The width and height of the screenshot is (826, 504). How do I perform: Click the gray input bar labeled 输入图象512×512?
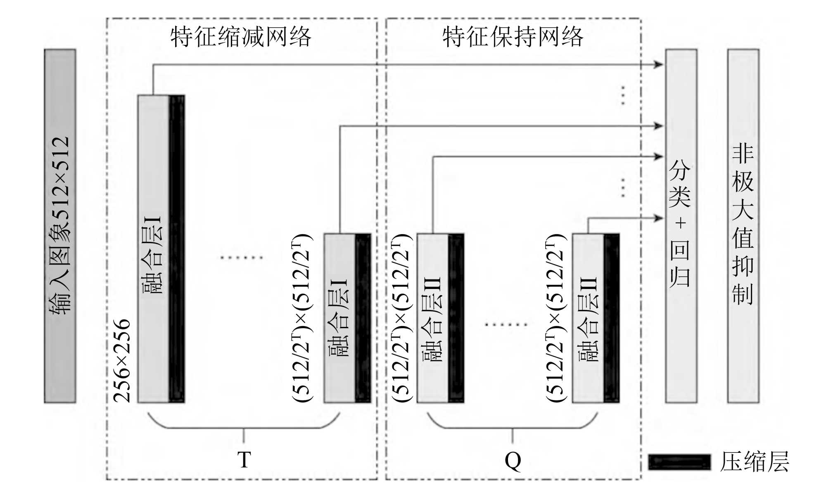(60, 226)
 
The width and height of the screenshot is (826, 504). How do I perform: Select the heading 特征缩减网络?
(240, 37)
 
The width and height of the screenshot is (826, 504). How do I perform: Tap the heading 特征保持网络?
(513, 37)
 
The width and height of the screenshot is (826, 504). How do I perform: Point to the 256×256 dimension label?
(122, 360)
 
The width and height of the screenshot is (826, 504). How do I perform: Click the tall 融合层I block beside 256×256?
(153, 249)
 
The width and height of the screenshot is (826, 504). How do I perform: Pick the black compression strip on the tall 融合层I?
(177, 249)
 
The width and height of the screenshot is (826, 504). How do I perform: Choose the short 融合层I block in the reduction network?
(339, 318)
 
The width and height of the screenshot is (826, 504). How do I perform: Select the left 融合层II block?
(432, 318)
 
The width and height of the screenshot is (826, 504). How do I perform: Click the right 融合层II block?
(588, 318)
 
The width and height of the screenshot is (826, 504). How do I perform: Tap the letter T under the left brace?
(244, 460)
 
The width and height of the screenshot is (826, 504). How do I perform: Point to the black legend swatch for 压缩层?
(679, 462)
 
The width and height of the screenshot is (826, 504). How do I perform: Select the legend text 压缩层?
(754, 461)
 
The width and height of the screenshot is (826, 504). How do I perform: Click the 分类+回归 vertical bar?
(681, 226)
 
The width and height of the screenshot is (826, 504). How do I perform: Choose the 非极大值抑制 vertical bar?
(743, 226)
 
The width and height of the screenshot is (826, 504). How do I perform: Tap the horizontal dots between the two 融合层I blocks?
(241, 258)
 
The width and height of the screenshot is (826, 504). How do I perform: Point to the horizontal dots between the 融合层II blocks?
(506, 324)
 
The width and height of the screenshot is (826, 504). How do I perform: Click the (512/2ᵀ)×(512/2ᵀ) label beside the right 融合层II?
(555, 318)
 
